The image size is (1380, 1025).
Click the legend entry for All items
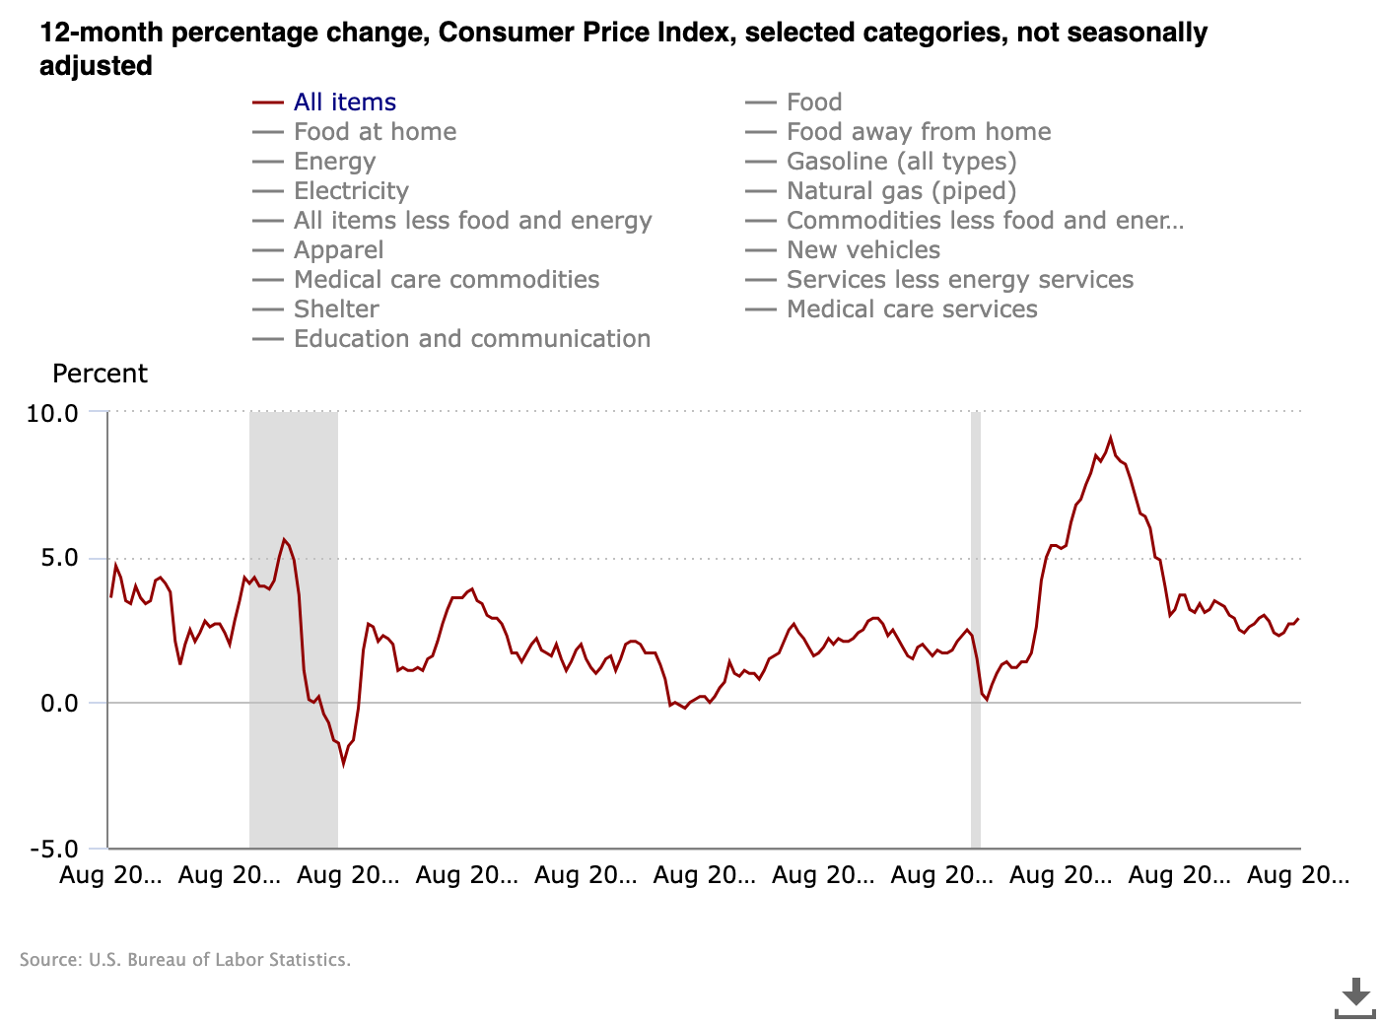pos(344,102)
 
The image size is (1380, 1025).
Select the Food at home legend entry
pos(375,132)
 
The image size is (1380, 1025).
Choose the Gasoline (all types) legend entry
pos(900,162)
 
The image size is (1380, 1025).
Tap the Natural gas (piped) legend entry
pos(900,191)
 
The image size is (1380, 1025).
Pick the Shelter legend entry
pos(336,309)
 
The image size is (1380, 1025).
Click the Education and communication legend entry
pos(471,339)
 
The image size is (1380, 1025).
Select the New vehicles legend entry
pos(862,250)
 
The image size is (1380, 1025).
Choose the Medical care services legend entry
pos(911,309)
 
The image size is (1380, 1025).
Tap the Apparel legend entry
pos(338,250)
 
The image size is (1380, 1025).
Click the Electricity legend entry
pos(351,191)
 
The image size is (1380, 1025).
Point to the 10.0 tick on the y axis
pos(52,413)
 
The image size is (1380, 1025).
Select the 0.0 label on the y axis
pos(59,704)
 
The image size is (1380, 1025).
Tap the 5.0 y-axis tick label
pos(59,558)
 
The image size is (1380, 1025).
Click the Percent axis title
pos(100,375)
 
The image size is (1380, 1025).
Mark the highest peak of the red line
pos(1110,438)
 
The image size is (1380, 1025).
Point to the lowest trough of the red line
pos(344,764)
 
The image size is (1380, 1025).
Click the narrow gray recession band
pos(976,631)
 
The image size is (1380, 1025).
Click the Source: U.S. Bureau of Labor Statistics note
pos(185,960)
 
